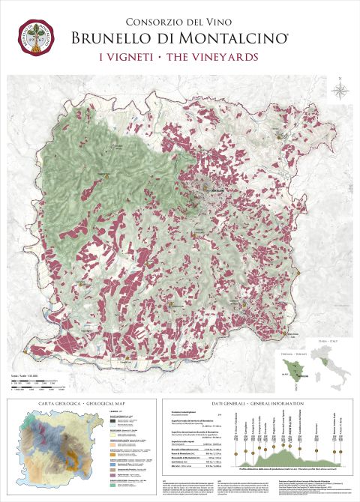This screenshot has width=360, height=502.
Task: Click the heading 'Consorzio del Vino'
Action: click(x=179, y=22)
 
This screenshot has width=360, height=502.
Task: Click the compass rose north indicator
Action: click(x=340, y=91)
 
